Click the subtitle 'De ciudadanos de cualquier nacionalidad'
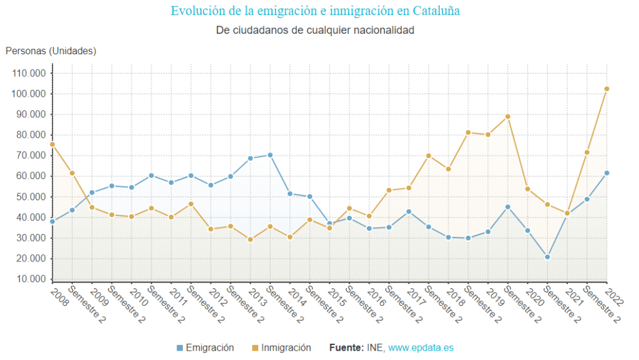315,30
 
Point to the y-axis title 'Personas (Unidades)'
51,51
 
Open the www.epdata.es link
421,348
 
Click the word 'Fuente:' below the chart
346,348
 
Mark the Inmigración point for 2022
607,89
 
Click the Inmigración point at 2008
52,145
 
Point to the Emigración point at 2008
52,221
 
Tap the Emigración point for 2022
607,173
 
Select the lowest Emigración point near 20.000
547,257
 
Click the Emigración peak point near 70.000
270,155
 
